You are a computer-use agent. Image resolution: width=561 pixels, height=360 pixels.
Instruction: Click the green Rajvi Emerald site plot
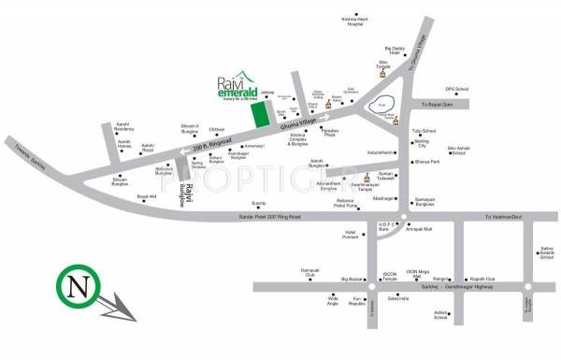click(258, 113)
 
